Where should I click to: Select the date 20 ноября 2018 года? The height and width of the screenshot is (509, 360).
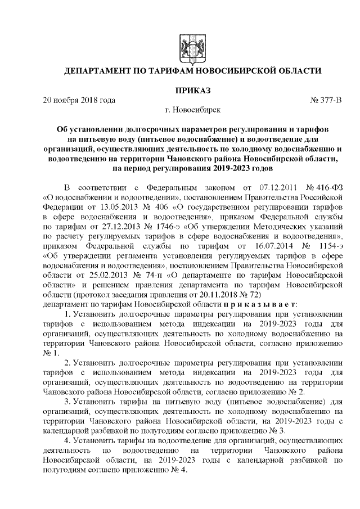[x=79, y=101]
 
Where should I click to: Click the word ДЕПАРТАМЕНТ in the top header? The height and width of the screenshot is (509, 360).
[x=102, y=71]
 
